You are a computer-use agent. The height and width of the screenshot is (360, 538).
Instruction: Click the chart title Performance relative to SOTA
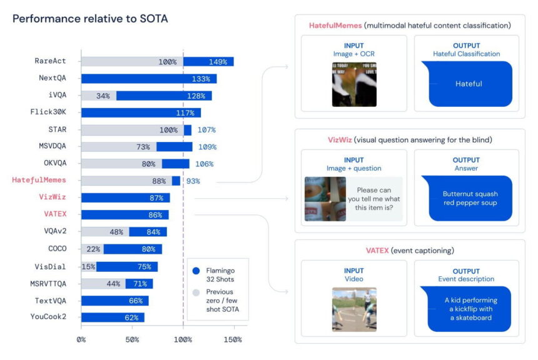(90, 19)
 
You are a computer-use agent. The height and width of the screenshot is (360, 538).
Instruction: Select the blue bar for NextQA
(148, 79)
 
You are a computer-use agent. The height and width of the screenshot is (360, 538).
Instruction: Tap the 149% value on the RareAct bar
(217, 62)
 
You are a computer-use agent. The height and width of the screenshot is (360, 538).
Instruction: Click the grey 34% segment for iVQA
(99, 96)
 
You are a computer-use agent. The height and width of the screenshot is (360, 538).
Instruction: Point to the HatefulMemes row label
(39, 181)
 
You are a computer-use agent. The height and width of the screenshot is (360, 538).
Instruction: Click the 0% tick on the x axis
(81, 339)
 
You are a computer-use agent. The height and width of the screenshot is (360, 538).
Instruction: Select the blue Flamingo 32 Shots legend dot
(196, 271)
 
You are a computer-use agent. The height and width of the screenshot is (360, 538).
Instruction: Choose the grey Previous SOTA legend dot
(196, 292)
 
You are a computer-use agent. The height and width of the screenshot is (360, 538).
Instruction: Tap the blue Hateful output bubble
(469, 83)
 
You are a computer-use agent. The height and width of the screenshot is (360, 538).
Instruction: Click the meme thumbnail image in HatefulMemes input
(354, 84)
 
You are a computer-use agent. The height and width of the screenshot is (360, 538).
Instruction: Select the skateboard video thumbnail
(354, 309)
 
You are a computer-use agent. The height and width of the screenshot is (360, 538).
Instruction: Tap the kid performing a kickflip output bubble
(469, 309)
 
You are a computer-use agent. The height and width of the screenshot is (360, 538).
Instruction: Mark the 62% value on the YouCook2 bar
(131, 317)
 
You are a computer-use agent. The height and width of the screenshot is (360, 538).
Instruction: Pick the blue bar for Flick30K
(141, 112)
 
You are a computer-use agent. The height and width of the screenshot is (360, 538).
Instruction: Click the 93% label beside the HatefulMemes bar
(193, 181)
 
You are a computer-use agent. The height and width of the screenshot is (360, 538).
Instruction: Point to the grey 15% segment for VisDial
(88, 266)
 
